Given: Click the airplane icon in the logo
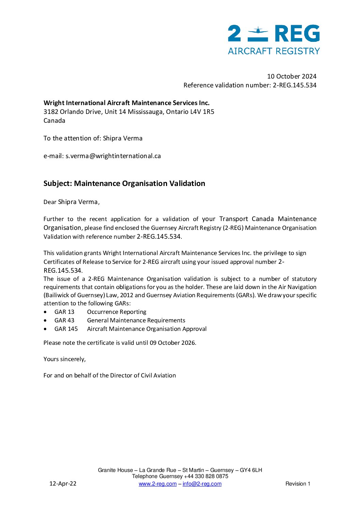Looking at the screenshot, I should tap(258, 31).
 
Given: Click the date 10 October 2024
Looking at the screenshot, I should tap(292, 76).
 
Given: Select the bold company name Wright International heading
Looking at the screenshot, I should tap(126, 103).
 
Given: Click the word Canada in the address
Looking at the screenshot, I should tap(54, 120).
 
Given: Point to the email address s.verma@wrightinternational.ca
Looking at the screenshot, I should tap(113, 156).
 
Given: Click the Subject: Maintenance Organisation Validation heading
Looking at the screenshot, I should tap(124, 183).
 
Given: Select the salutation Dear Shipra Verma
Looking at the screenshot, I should tap(71, 202).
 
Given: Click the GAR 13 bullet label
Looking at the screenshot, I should tap(64, 312).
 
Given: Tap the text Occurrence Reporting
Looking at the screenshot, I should tap(117, 312).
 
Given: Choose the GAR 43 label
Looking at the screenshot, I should tap(64, 320).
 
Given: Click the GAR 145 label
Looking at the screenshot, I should tap(66, 329).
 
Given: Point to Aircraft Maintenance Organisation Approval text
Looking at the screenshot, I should tap(147, 329).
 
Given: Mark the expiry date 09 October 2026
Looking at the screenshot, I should tap(173, 343).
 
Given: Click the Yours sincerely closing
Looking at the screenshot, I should tap(65, 359).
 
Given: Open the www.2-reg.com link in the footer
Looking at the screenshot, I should tap(158, 484).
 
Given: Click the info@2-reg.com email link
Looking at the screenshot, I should tap(202, 484).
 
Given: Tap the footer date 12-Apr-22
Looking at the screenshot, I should tap(63, 483).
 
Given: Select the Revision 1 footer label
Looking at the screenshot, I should tap(298, 484).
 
